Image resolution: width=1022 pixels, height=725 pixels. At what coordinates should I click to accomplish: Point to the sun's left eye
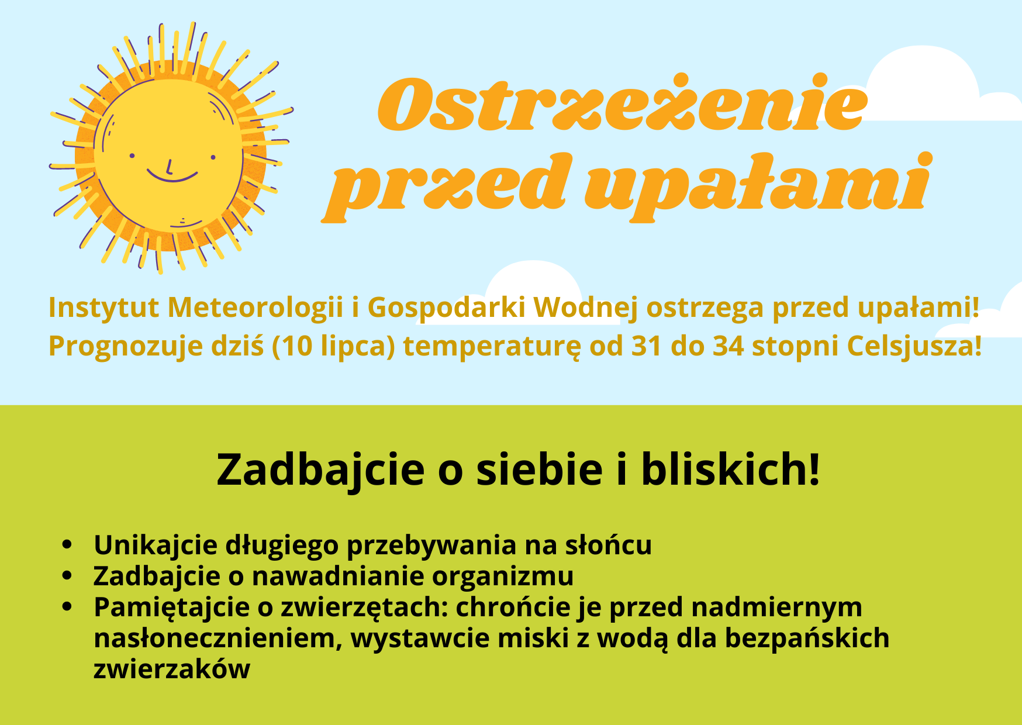132,156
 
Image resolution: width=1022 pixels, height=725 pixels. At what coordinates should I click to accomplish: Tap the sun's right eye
213,157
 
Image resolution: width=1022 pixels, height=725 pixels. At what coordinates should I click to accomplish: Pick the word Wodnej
585,308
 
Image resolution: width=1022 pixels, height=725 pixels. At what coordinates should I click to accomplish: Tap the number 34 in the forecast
727,346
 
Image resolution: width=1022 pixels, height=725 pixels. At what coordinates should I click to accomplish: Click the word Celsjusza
914,346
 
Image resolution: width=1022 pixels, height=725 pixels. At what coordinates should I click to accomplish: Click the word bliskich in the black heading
730,469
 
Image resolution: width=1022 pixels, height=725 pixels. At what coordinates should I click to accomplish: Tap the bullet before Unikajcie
67,544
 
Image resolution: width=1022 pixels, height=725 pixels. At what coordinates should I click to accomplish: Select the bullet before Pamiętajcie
67,606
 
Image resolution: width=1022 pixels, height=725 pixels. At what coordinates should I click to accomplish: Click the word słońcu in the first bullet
608,545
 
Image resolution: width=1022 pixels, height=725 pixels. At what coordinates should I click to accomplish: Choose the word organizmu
503,576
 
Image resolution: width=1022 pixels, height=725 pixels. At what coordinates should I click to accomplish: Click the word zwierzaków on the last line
172,669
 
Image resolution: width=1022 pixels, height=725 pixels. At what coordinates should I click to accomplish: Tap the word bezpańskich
807,638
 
